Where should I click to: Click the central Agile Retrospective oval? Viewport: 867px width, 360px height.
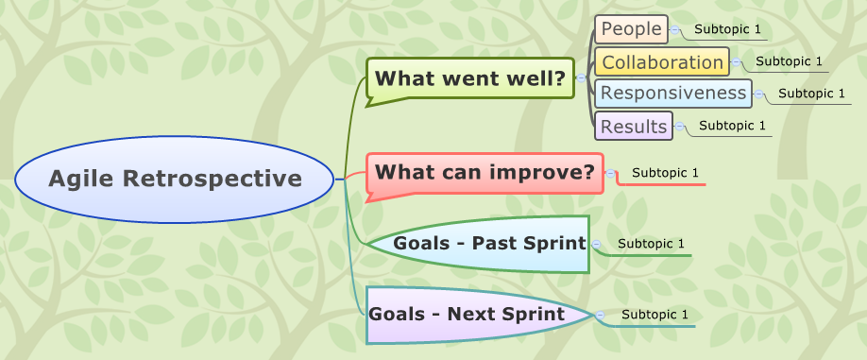click(176, 178)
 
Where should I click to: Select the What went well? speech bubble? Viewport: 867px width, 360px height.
click(469, 77)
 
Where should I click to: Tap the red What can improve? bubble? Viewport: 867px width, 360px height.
click(484, 173)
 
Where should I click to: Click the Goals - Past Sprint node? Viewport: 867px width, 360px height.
click(489, 243)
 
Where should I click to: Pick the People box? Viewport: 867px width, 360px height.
click(631, 29)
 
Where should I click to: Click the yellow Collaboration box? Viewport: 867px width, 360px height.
click(662, 62)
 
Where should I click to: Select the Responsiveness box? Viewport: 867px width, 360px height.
click(673, 93)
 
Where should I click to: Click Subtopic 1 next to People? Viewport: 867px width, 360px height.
click(727, 29)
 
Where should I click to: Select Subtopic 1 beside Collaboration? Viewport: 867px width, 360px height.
click(789, 61)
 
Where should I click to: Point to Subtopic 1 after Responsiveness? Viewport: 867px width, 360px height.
click(811, 93)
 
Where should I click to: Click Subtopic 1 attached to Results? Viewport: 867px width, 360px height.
click(732, 125)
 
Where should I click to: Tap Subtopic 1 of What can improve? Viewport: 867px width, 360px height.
click(665, 173)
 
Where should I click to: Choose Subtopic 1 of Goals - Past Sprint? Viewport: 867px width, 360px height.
click(651, 244)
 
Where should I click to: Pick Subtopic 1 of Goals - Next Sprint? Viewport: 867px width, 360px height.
click(654, 314)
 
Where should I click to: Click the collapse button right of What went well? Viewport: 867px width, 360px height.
click(581, 77)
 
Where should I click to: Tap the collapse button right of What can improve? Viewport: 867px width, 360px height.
click(610, 173)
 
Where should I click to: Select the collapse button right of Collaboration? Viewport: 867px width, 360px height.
click(736, 62)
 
